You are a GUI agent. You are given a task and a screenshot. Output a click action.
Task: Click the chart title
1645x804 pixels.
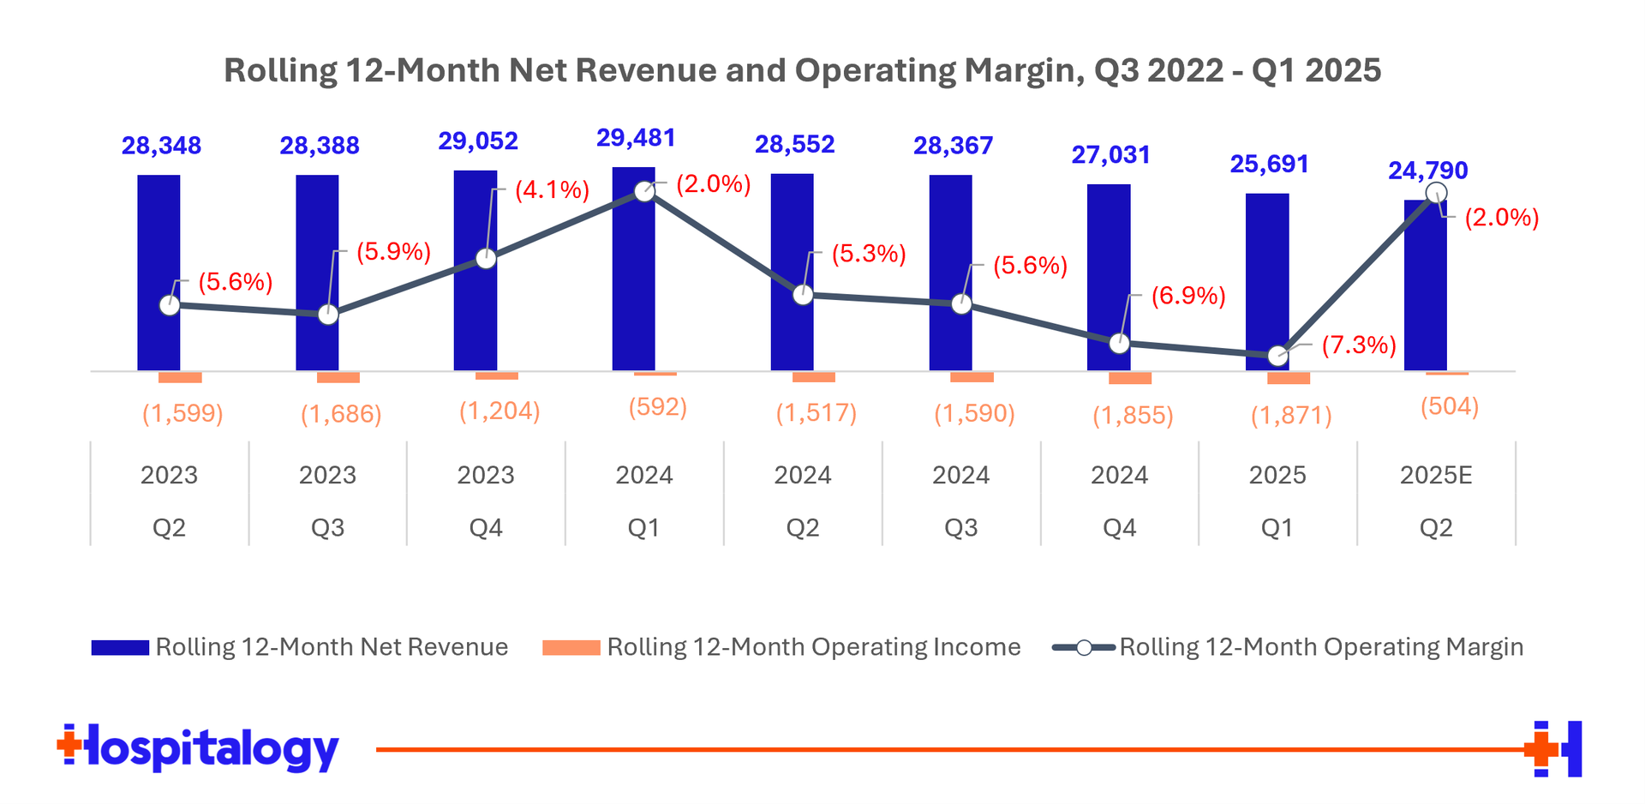point(802,70)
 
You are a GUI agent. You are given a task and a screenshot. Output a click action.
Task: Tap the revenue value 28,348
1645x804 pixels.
point(161,146)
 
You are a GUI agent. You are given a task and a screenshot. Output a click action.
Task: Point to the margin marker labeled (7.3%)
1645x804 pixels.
point(1277,355)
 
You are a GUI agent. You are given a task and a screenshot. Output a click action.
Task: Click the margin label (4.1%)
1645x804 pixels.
point(552,190)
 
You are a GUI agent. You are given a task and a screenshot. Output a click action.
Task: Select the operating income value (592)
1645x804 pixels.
point(657,406)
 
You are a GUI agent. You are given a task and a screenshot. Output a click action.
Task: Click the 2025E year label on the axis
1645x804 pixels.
point(1436,475)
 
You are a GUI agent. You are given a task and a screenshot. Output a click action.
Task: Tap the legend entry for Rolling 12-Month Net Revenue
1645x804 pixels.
point(299,647)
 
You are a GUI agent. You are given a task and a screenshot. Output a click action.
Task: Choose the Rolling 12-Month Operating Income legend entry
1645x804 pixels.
point(781,647)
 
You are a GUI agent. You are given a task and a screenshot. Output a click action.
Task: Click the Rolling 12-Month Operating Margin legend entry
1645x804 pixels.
point(1288,647)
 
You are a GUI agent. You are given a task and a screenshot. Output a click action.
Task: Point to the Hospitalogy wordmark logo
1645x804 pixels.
point(198,749)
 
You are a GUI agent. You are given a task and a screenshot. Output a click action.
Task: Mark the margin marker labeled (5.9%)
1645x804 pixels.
point(328,315)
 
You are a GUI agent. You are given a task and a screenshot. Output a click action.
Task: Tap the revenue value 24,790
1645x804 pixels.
point(1427,171)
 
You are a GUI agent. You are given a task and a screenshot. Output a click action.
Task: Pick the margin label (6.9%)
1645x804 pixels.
point(1187,297)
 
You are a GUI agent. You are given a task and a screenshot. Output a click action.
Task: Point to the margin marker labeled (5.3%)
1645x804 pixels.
point(803,295)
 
